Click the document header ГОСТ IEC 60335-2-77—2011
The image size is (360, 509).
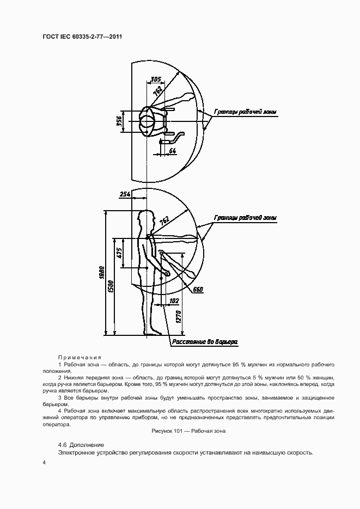tap(82, 38)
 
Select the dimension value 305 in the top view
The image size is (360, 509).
tap(156, 78)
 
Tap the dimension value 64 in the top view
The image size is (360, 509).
tap(172, 150)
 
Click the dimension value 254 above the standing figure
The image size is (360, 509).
tap(125, 193)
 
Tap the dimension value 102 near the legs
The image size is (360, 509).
tap(174, 301)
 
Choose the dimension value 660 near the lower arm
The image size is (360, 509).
tap(198, 290)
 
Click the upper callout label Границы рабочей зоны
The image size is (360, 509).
tap(245, 112)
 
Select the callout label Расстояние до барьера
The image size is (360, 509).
tap(205, 342)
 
